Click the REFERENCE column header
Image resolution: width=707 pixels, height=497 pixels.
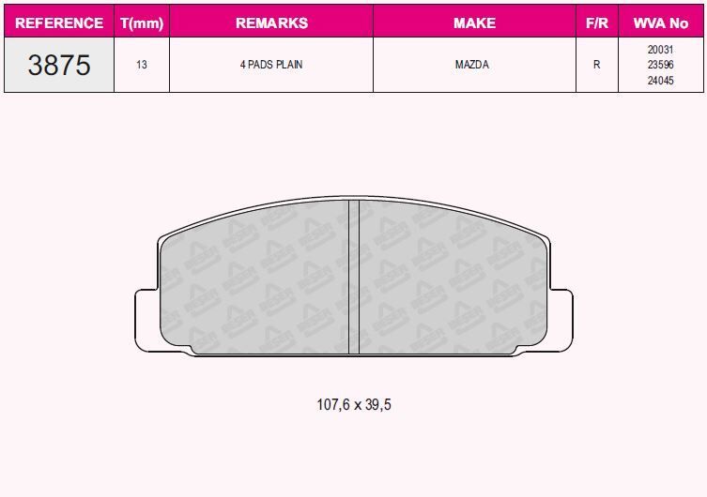coord(59,23)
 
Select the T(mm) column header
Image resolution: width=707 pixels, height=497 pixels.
coord(142,23)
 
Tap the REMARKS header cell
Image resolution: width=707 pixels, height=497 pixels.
coord(270,23)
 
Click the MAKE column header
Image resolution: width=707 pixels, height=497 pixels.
coord(474,23)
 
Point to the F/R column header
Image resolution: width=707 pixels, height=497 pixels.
coord(596,23)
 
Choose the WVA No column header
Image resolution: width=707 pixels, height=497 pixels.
coord(660,23)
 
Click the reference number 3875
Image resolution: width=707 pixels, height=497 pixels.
coord(59,66)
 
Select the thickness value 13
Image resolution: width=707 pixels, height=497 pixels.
coord(142,66)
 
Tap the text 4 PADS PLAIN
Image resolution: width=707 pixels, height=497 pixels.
coord(270,66)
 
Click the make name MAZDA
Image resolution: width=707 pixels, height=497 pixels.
coord(474,66)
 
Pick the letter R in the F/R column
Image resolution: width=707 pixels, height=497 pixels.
coord(596,66)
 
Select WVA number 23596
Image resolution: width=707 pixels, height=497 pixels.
coord(660,66)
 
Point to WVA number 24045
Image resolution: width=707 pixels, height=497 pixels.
coord(660,80)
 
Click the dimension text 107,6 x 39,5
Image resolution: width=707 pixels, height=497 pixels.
coord(353,405)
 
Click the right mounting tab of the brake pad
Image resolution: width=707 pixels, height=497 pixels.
coord(561,319)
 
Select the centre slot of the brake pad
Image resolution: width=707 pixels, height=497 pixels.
coord(354,278)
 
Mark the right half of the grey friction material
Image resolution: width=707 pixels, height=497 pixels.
coord(451,281)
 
